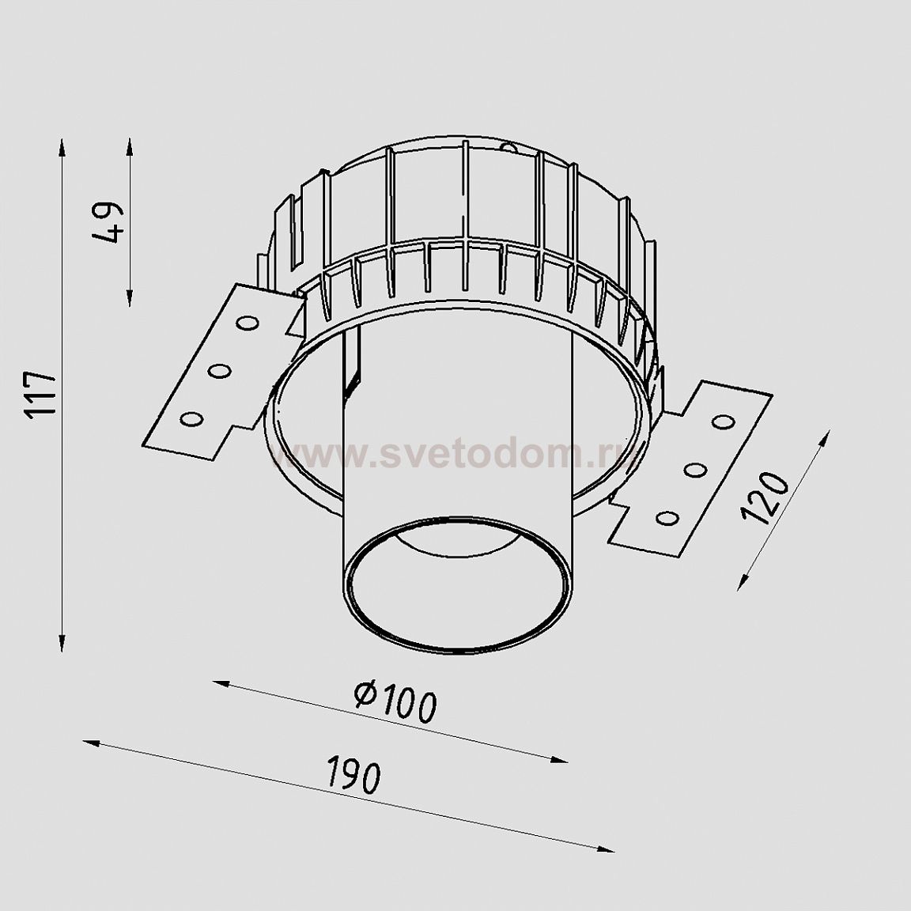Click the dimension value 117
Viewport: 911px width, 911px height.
[40, 396]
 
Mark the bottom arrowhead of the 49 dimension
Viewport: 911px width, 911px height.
[129, 298]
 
